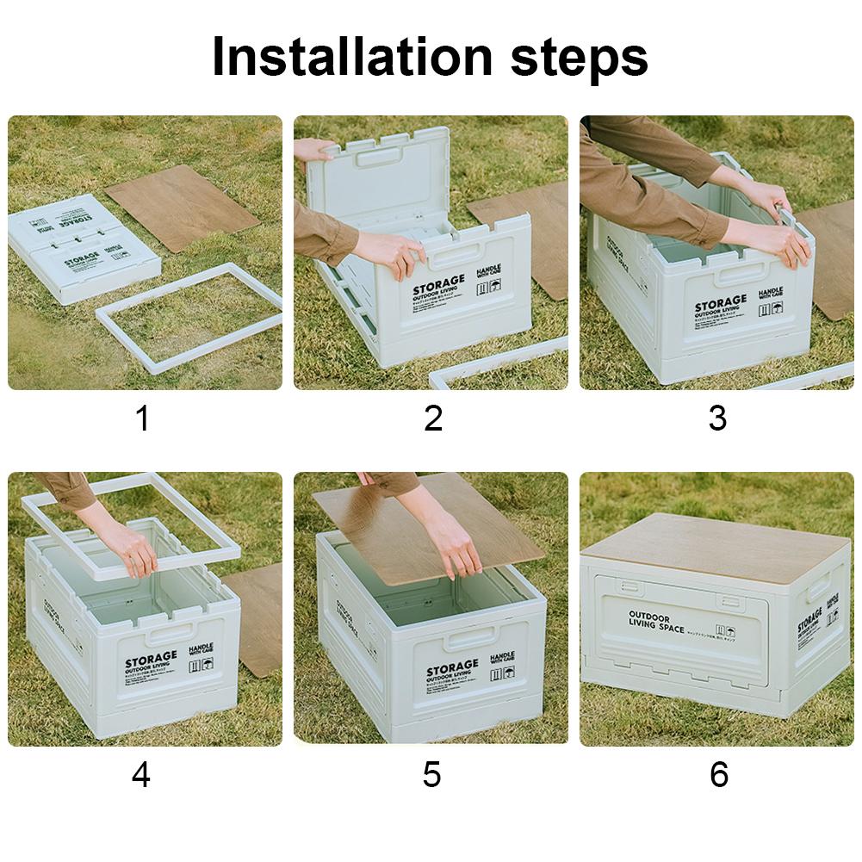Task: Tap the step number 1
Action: pos(143,419)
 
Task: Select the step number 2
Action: pos(433,419)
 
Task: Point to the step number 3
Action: pos(717,419)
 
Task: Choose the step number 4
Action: pos(141,774)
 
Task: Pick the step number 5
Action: pos(432,774)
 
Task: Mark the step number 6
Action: pos(718,774)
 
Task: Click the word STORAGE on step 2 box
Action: pos(438,285)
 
